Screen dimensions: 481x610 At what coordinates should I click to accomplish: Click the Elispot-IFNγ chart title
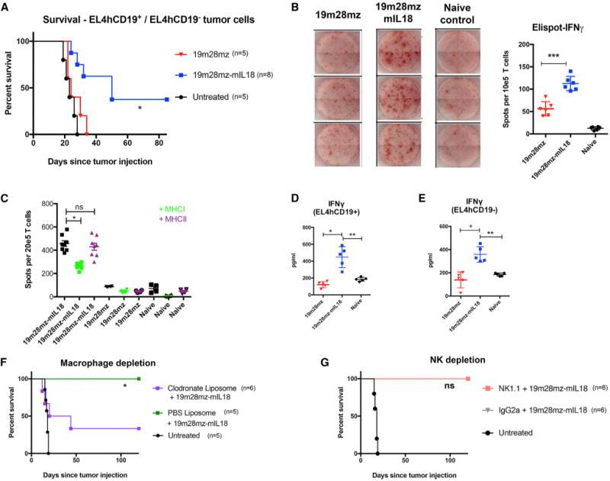point(544,32)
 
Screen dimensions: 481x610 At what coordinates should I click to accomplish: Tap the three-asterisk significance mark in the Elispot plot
point(545,59)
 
